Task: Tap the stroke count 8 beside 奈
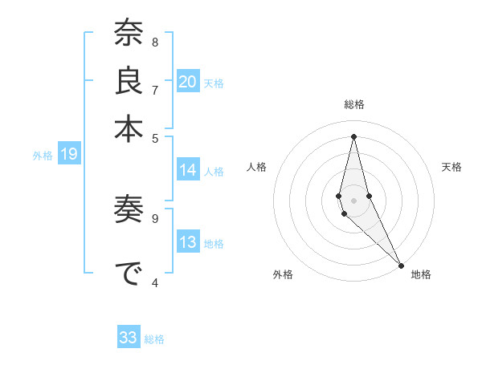[x=155, y=43]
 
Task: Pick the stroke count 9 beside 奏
[x=155, y=217]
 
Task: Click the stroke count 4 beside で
[x=155, y=283]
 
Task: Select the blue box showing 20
[x=187, y=82]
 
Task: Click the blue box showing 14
[x=187, y=170]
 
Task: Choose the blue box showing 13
[x=187, y=243]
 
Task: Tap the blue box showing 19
[x=68, y=155]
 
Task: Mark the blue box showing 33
[x=129, y=338]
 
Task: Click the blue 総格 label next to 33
[x=154, y=339]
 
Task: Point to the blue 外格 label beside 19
[x=42, y=156]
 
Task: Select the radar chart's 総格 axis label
[x=353, y=104]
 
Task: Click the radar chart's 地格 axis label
[x=421, y=274]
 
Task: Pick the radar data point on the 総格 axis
[x=353, y=136]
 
